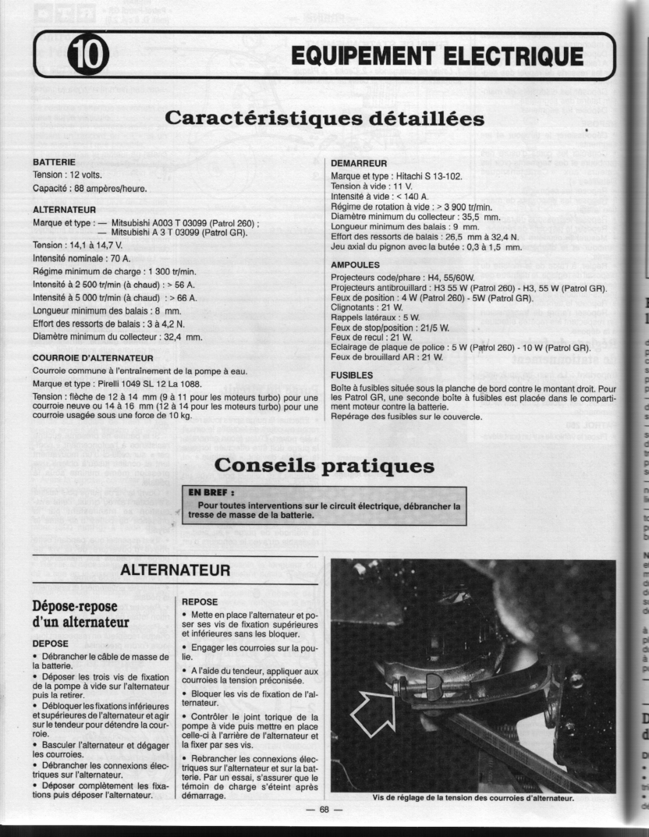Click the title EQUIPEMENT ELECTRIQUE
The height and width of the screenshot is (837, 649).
[438, 57]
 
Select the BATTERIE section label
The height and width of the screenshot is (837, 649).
[54, 161]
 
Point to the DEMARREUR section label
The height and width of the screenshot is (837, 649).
[360, 164]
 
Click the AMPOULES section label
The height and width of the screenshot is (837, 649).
[356, 264]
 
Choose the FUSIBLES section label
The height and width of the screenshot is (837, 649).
[353, 374]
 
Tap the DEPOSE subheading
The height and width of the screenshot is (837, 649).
[51, 644]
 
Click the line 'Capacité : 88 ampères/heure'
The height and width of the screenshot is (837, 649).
[89, 188]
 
